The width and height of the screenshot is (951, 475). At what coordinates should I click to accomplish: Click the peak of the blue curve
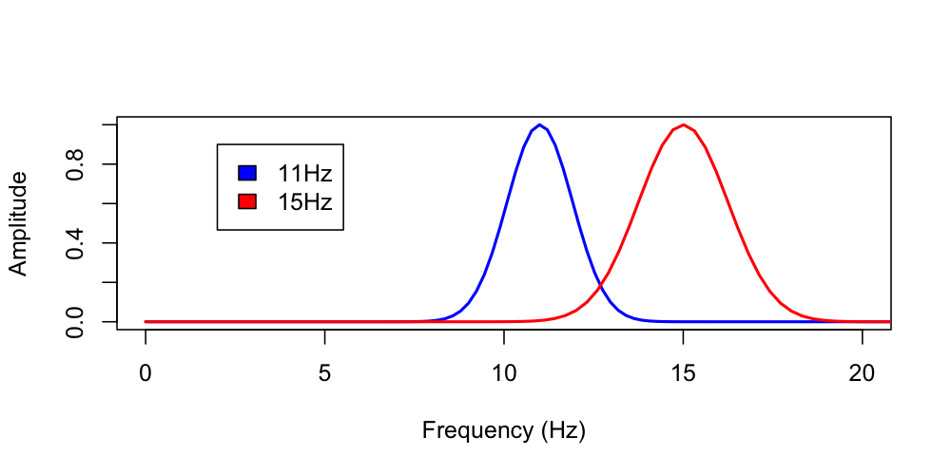(539, 124)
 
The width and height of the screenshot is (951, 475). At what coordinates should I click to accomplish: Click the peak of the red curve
(683, 124)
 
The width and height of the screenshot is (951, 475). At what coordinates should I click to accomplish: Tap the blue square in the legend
(247, 173)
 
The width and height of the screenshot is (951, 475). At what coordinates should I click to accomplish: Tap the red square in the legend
(247, 200)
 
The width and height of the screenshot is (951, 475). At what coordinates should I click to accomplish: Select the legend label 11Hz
(304, 173)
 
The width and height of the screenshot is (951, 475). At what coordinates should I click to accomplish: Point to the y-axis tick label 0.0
(75, 321)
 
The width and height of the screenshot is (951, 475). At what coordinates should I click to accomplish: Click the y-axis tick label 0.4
(75, 243)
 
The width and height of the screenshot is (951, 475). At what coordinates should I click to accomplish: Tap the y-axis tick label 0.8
(75, 164)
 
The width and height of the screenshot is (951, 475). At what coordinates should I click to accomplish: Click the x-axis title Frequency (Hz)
(503, 431)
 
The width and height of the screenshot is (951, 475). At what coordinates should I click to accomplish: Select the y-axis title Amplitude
(18, 224)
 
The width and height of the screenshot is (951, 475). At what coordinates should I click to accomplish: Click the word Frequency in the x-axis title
(477, 431)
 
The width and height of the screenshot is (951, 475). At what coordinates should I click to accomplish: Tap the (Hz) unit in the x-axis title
(562, 431)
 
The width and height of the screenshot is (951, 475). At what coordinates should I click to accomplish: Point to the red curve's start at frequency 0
(146, 322)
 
